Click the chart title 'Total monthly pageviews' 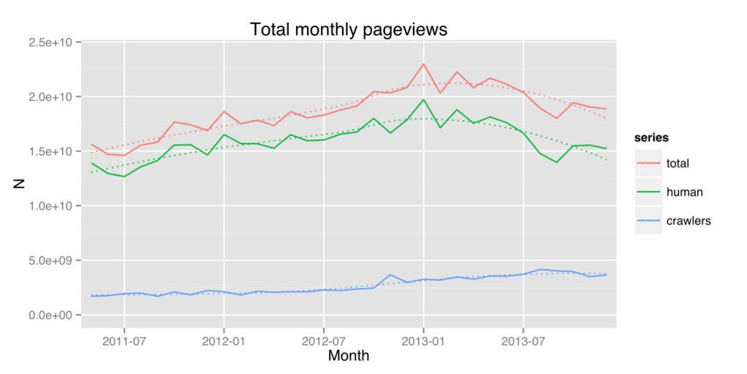click(x=348, y=29)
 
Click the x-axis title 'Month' click(x=349, y=356)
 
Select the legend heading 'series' click(x=651, y=137)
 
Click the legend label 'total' click(x=678, y=164)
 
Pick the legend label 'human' click(x=684, y=192)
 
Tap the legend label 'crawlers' click(x=689, y=221)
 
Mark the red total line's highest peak click(x=423, y=64)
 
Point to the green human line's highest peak click(x=423, y=100)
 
